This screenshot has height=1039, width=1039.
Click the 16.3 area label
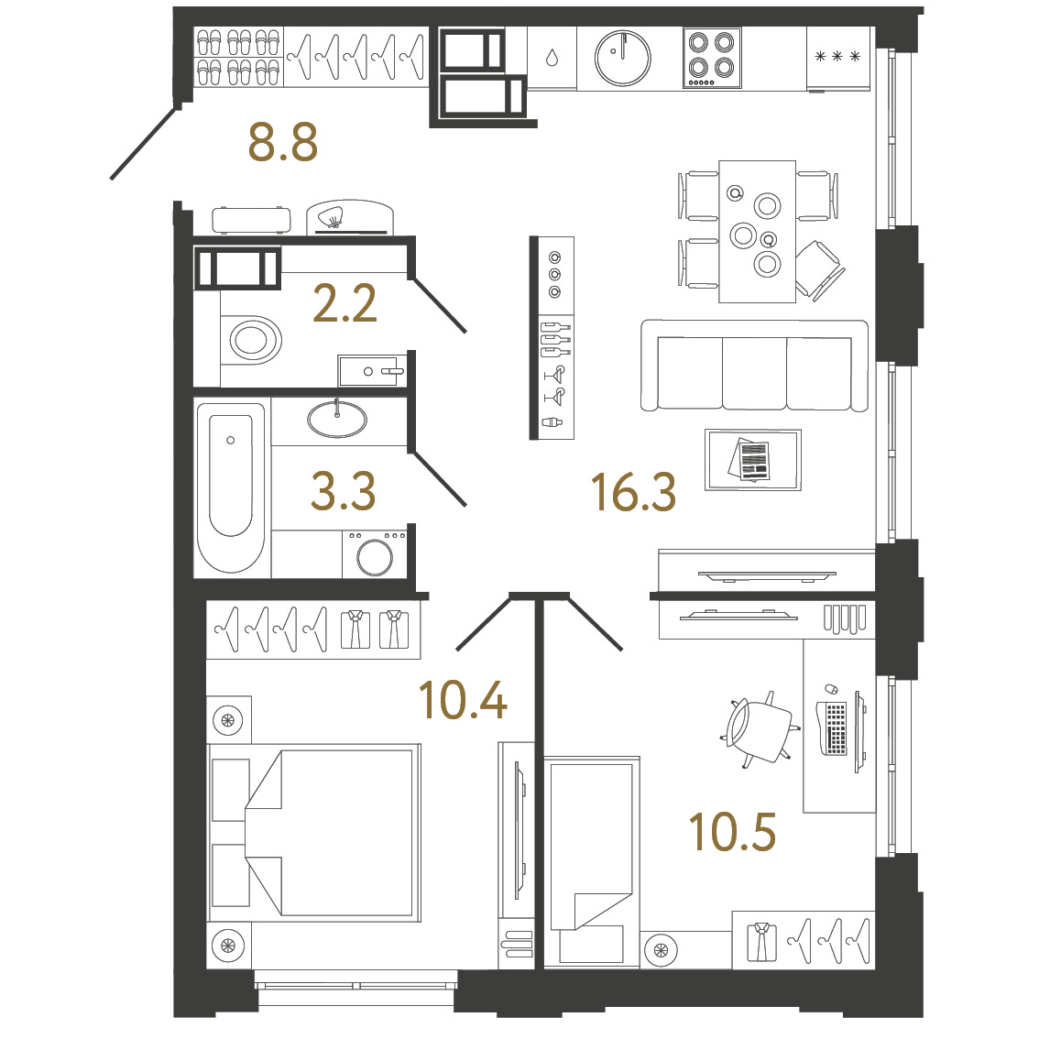633,492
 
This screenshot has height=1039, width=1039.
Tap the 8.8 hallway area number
283,142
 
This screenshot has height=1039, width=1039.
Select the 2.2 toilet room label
345,303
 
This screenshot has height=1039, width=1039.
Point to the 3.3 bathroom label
344,491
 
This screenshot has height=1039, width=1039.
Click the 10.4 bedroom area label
464,700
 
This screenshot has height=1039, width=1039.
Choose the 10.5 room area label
732,832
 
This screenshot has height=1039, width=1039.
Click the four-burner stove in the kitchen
712,58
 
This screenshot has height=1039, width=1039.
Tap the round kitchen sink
623,58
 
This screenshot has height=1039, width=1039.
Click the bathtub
231,487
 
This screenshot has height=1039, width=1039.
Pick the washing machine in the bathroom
375,553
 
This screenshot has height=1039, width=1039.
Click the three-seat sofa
754,366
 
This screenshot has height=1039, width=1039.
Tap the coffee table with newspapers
753,460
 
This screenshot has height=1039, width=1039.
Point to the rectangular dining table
758,231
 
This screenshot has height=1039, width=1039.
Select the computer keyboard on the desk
836,727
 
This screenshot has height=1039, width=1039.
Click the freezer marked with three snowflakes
838,59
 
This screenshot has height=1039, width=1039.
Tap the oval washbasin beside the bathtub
337,419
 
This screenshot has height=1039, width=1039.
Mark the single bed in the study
593,861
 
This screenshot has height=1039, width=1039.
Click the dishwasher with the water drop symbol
552,58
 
